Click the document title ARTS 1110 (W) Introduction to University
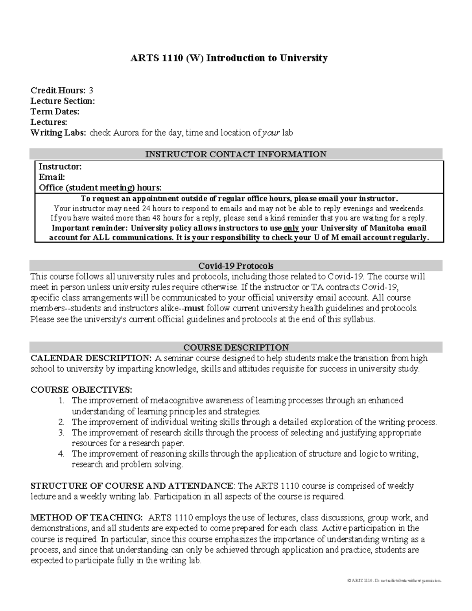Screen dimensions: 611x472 [x=229, y=58]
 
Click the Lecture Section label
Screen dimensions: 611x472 [x=63, y=101]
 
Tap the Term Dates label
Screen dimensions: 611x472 [x=55, y=112]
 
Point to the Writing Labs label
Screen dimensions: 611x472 [x=58, y=133]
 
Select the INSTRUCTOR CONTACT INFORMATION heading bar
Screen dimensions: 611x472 [x=236, y=154]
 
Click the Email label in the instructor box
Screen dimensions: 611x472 [x=52, y=177]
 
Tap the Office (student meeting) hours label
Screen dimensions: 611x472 [x=100, y=188]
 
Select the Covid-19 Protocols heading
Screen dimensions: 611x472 [x=236, y=266]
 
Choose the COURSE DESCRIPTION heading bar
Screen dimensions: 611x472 [x=236, y=347]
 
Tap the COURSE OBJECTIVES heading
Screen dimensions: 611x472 [x=81, y=390]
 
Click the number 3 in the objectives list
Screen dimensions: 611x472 [x=61, y=433]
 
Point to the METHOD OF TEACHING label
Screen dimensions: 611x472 [x=87, y=518]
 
